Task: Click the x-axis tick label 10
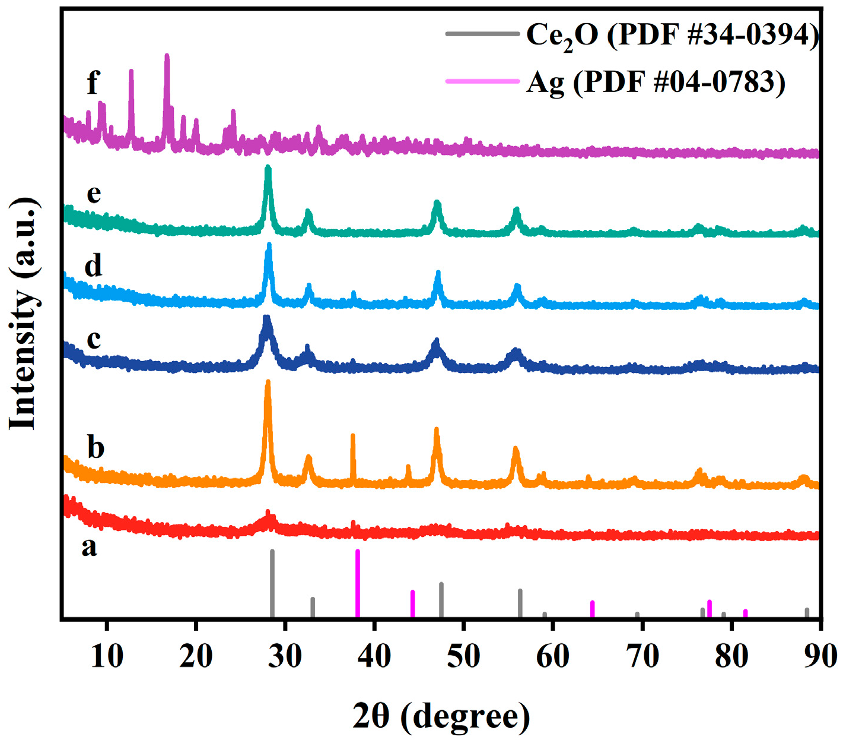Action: pos(107,656)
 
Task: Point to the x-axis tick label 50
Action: pos(464,656)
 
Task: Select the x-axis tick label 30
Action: pos(285,656)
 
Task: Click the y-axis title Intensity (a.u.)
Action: pos(24,313)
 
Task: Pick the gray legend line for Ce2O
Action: pos(482,34)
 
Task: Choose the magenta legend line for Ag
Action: pos(482,81)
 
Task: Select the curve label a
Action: pos(89,546)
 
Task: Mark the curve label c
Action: pos(94,339)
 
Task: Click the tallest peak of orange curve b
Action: pos(268,383)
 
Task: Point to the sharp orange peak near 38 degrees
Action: pos(353,437)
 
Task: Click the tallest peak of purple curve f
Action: pos(167,56)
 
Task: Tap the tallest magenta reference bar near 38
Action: pos(358,582)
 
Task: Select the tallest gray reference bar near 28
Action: pos(272,582)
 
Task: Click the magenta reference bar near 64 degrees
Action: pos(592,609)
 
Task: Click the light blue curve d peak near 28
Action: pos(269,246)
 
